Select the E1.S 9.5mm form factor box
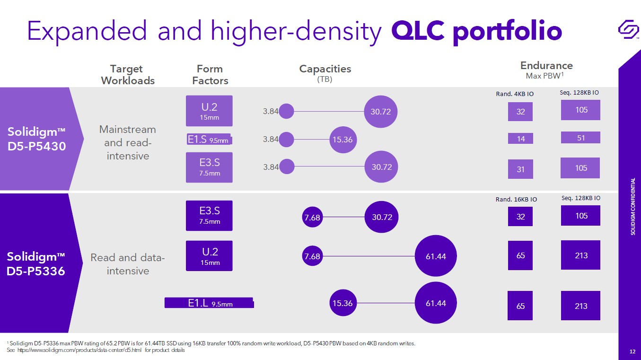pos(210,139)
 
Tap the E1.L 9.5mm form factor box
pos(209,303)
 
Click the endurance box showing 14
pos(520,139)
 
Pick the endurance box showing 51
pos(580,138)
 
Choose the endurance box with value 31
pos(520,169)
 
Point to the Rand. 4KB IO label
pos(514,94)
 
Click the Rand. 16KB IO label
pos(516,199)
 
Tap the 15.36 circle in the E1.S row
pos(343,140)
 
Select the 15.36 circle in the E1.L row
pos(342,303)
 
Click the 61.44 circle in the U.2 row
pos(436,256)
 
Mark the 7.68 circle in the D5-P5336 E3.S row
pos(312,217)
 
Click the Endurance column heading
pos(546,66)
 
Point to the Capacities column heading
pos(325,69)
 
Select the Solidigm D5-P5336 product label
pos(36,264)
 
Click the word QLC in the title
pos(418,31)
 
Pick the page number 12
pos(632,351)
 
